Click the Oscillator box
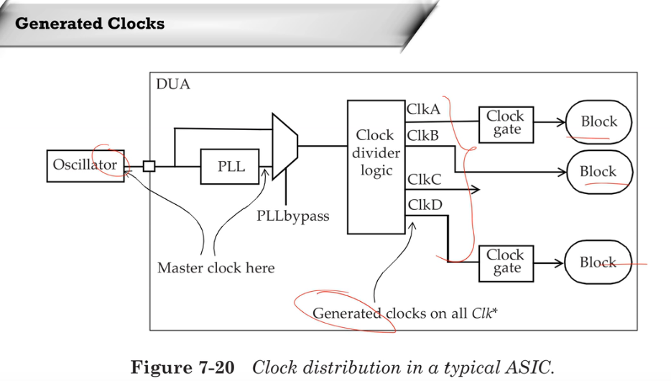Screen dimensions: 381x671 pyautogui.click(x=85, y=165)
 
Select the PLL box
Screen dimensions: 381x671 pyautogui.click(x=230, y=167)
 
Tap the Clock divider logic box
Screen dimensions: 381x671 pyautogui.click(x=376, y=167)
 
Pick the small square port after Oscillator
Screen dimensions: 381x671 pyautogui.click(x=149, y=166)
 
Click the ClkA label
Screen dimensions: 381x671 pyautogui.click(x=423, y=110)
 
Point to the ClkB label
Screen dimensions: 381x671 pyautogui.click(x=423, y=135)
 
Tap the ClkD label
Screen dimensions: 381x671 pyautogui.click(x=425, y=205)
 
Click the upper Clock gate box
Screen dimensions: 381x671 pyautogui.click(x=506, y=123)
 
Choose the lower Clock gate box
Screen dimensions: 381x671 pyautogui.click(x=506, y=262)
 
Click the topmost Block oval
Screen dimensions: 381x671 pyautogui.click(x=598, y=121)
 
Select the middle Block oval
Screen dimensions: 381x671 pyautogui.click(x=598, y=172)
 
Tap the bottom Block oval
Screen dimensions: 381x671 pyautogui.click(x=598, y=262)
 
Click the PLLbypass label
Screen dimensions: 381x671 pyautogui.click(x=292, y=216)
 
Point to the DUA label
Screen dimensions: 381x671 pyautogui.click(x=173, y=84)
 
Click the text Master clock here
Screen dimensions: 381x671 pyautogui.click(x=216, y=268)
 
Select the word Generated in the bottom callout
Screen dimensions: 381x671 pyautogui.click(x=347, y=313)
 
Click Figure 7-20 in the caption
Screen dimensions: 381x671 pyautogui.click(x=182, y=367)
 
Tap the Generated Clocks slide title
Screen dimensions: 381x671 pyautogui.click(x=90, y=24)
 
